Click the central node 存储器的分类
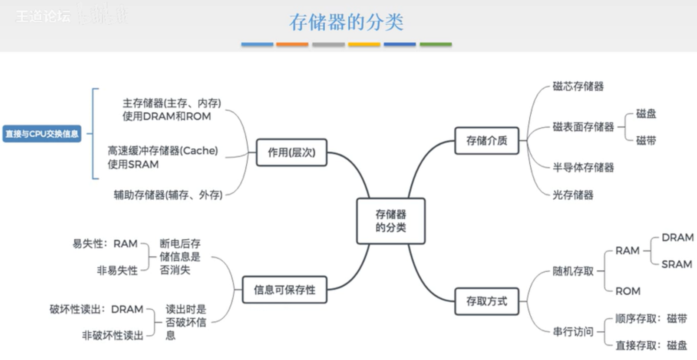(x=390, y=221)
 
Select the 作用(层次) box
(x=291, y=152)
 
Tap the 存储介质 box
(x=486, y=141)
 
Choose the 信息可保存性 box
(x=284, y=290)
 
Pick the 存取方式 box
(x=486, y=301)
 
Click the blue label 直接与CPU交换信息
(x=42, y=134)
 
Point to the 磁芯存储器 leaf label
(x=578, y=86)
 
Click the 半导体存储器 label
(x=583, y=168)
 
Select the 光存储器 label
(x=573, y=195)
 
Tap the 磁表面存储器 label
(x=583, y=127)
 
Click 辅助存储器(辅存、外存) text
(x=168, y=195)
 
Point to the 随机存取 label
(x=573, y=271)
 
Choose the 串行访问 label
(x=573, y=332)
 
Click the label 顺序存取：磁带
(x=651, y=319)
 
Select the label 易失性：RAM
(x=105, y=244)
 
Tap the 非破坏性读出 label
(x=112, y=336)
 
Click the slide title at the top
(x=347, y=22)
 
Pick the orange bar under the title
(x=292, y=44)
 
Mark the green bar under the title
(x=436, y=44)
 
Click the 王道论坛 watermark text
(x=43, y=17)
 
